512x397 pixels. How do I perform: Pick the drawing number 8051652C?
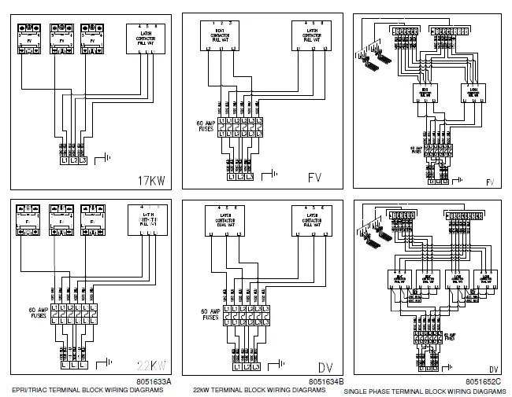(484, 381)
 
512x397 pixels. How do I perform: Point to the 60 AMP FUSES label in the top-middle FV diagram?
(207, 126)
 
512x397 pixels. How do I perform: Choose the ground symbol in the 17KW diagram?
(102, 160)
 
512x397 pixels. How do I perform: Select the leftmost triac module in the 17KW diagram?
(29, 39)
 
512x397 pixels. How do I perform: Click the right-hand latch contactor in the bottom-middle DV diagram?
(309, 222)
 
